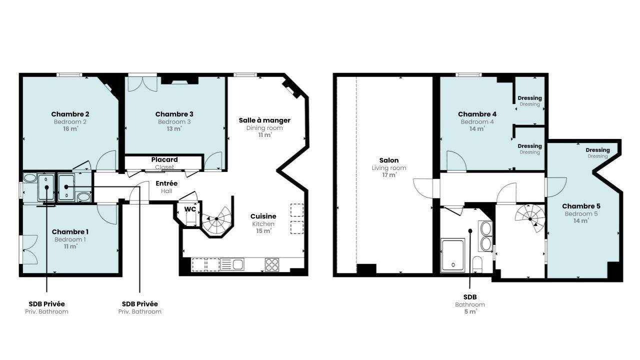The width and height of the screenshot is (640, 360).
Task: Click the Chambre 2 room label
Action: pos(70,114)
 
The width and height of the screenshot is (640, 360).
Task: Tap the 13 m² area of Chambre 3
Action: pos(174,129)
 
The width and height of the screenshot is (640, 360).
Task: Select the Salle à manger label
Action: pos(264,120)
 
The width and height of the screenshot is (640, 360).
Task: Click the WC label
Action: pos(190,209)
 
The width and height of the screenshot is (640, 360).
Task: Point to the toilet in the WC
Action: pos(190,219)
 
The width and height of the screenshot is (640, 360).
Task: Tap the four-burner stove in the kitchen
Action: pos(271,264)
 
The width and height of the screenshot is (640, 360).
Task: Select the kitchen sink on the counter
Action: pos(232,264)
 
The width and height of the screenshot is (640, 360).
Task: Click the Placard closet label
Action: pos(164,159)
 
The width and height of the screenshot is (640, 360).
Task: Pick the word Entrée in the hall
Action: pos(166,183)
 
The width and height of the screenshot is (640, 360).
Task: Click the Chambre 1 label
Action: pos(70,232)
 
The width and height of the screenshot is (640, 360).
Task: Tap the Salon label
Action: pos(389,160)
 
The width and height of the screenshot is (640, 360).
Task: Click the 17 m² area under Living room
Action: pos(389,175)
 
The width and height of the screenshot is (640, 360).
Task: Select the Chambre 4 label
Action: pos(477,114)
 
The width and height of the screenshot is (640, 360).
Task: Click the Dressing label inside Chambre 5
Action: pos(597,150)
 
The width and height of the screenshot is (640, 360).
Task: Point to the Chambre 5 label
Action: pos(581,206)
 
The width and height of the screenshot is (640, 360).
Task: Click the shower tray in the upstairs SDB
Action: pos(453,255)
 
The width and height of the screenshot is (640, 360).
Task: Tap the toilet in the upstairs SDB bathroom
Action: pos(477,264)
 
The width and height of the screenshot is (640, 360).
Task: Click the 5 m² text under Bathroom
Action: pos(470,311)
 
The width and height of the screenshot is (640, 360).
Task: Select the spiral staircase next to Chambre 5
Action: pos(530,218)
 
